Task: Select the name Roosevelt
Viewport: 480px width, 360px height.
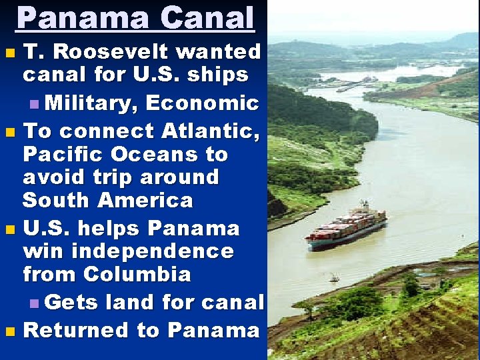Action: [123, 51]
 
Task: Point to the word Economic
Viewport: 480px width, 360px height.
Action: [202, 103]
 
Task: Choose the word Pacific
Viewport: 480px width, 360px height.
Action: [59, 155]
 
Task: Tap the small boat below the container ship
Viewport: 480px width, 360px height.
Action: [334, 277]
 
